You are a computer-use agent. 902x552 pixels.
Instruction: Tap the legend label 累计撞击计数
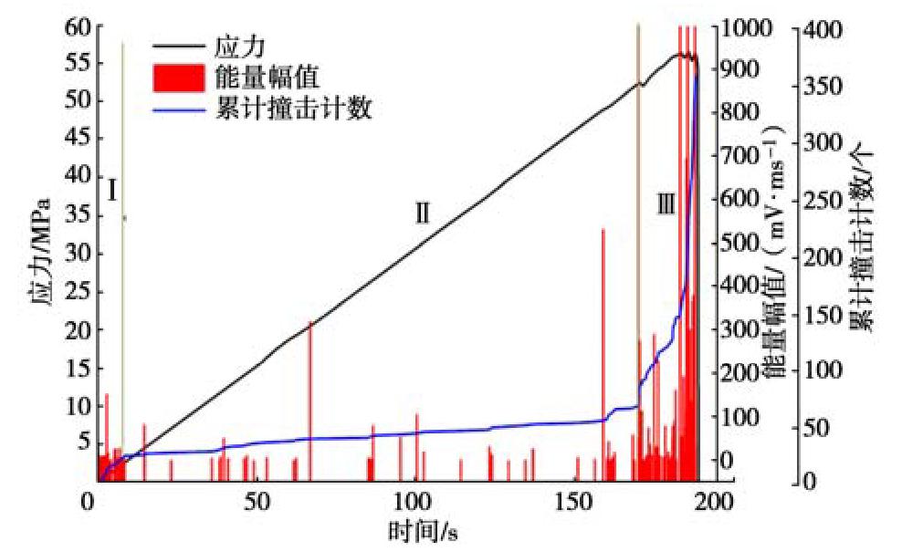(x=293, y=108)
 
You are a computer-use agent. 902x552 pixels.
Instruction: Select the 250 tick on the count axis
(x=821, y=199)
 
